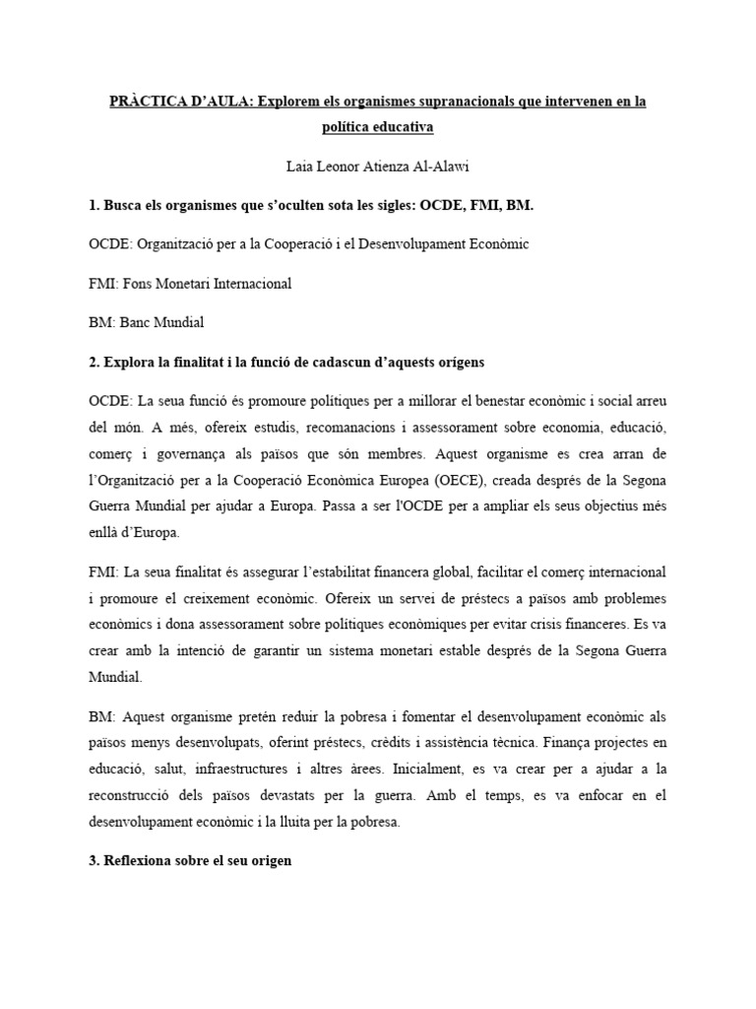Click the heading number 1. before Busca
pyautogui.click(x=94, y=204)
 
